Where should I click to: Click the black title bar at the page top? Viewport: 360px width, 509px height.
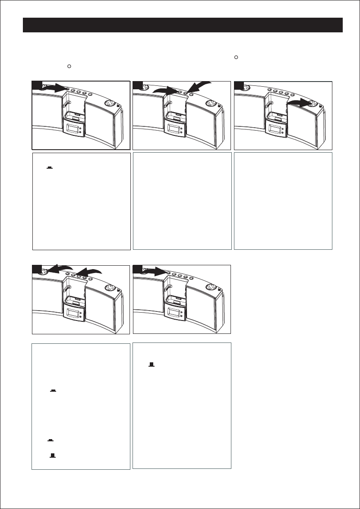[x=183, y=25]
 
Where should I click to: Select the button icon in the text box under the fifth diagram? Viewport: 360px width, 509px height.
[x=152, y=365]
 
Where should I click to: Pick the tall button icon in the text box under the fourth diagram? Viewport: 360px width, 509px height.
[x=53, y=455]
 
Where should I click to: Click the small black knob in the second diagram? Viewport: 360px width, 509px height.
[x=219, y=107]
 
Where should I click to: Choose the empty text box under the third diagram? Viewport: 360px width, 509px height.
[x=283, y=201]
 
